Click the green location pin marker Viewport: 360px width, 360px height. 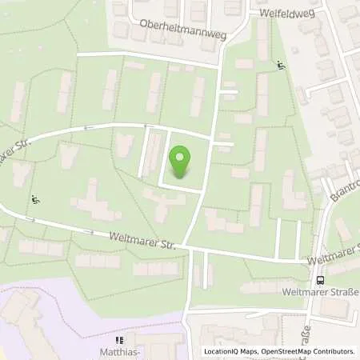tap(181, 162)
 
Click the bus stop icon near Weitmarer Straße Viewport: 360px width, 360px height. tap(320, 280)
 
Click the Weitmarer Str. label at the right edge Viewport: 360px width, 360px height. tap(334, 262)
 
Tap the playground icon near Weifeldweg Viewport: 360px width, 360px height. tap(280, 66)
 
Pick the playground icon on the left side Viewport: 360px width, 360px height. tap(34, 199)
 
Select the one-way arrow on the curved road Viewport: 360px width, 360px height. tap(146, 126)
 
